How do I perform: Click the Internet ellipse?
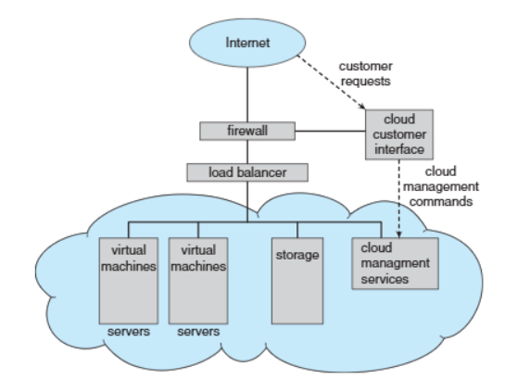pos(247,43)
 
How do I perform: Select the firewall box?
pos(247,131)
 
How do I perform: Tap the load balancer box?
pos(247,172)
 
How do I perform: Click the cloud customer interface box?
pos(399,134)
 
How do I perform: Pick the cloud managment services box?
pos(395,263)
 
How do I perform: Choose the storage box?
pos(297,281)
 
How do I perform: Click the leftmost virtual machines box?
pos(129,281)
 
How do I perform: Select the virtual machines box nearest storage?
pos(198,281)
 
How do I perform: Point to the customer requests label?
pos(365,74)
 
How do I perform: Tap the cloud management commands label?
pos(441,186)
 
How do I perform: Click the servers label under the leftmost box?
pos(129,332)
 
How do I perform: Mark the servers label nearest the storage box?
pos(198,332)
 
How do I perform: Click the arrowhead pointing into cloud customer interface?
pos(362,107)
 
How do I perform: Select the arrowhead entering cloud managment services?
pos(399,234)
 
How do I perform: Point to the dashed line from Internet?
pos(332,82)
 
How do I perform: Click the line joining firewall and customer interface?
pos(330,131)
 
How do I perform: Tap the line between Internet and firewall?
pos(247,95)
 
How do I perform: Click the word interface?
pos(399,149)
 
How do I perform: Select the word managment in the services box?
pos(395,264)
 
